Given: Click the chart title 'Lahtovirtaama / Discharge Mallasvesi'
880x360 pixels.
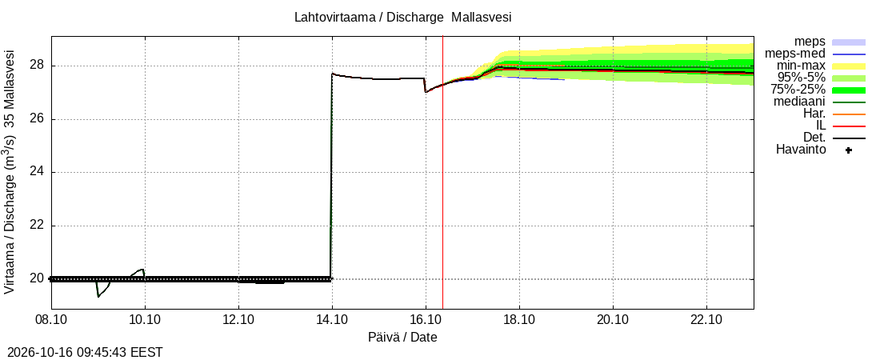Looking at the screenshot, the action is click(402, 18).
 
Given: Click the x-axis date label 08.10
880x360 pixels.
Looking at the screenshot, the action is click(52, 319).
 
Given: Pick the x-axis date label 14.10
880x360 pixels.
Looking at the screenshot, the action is click(332, 319).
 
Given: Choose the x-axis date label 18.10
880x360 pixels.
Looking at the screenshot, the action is click(520, 319).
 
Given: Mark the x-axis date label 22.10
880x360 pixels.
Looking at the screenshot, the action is click(706, 319).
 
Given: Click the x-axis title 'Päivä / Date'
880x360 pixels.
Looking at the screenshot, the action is click(402, 338).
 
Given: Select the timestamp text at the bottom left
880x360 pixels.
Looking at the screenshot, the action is click(82, 353).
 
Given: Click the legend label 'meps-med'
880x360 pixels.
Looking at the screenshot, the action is click(795, 54).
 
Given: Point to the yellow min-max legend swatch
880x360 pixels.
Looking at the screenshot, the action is click(849, 66).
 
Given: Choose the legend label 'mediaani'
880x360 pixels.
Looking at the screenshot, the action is click(799, 102).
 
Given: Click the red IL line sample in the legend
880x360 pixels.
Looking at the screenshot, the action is click(849, 126).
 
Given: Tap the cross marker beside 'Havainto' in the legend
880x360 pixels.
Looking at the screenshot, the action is click(849, 150).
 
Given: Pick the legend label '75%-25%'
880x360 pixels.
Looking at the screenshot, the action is click(802, 90).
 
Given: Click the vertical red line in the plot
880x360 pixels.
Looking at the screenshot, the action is click(443, 173).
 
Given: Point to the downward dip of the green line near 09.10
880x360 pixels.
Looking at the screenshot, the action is click(99, 294).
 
